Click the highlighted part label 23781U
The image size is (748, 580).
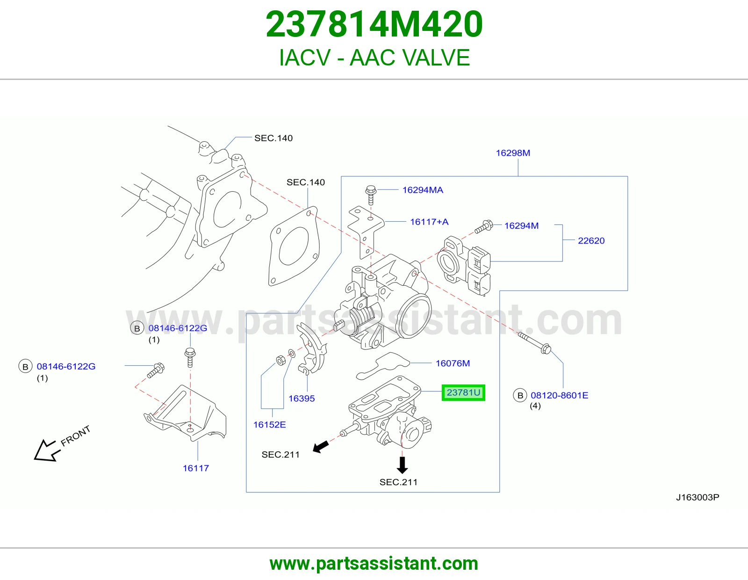point(463,392)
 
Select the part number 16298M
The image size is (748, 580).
point(513,153)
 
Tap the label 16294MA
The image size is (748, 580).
point(423,190)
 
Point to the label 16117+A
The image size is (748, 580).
point(429,222)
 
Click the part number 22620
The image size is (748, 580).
point(591,240)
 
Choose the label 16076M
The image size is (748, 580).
point(453,363)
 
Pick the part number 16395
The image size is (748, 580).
point(302,399)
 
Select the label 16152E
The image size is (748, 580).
point(270,425)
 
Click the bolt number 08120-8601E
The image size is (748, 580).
point(560,395)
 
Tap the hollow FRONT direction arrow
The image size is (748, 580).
point(47,450)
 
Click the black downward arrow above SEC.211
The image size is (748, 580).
point(402,465)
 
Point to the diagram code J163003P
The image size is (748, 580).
point(698,497)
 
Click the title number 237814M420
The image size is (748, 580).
point(374,24)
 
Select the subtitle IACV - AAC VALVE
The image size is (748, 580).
point(374,58)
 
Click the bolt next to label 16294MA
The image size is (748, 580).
point(371,195)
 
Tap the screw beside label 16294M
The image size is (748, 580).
point(484,227)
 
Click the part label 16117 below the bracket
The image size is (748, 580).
point(195,468)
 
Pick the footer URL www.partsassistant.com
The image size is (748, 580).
point(374,564)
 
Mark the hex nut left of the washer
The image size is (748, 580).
point(281,360)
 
